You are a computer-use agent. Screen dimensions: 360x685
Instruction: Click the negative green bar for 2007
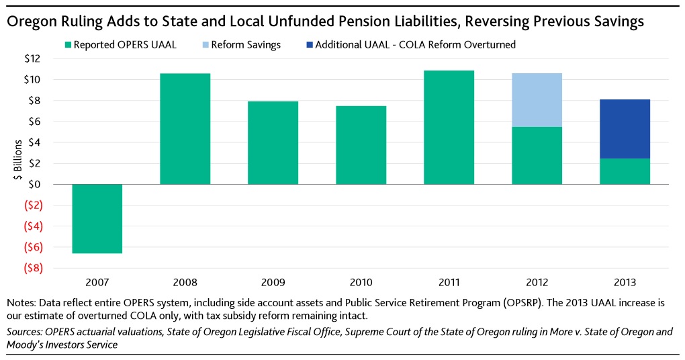click(97, 218)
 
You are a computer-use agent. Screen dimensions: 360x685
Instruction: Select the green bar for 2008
click(185, 128)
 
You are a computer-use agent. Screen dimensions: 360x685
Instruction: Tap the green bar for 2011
click(449, 127)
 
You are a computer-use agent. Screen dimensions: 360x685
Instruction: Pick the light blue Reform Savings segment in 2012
click(537, 100)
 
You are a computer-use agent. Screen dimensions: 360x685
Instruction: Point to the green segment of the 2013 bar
click(625, 171)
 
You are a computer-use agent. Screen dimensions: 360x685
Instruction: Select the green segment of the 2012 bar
click(537, 155)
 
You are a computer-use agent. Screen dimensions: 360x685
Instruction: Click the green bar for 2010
click(361, 145)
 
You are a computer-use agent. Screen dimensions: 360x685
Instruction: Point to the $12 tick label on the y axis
click(32, 59)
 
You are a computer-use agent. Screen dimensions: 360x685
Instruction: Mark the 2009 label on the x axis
click(273, 282)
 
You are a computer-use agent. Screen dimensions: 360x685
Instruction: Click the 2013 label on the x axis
click(625, 282)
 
